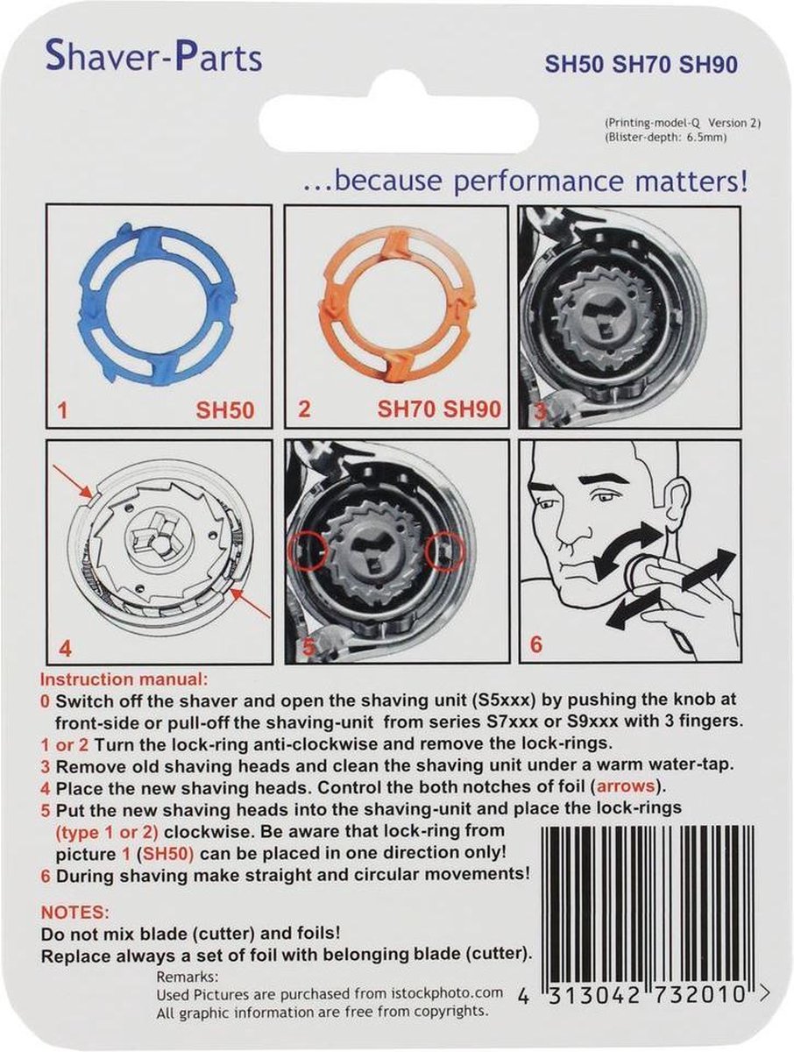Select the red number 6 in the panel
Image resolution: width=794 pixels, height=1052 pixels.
[536, 644]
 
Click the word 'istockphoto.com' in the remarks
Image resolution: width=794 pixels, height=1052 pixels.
[452, 993]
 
